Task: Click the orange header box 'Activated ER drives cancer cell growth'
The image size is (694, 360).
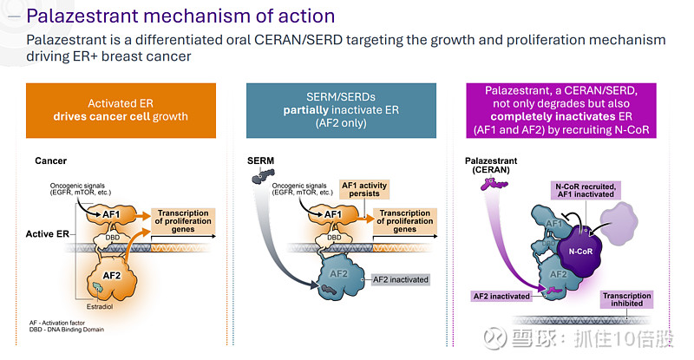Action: (121, 109)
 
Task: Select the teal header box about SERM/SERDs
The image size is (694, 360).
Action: (340, 109)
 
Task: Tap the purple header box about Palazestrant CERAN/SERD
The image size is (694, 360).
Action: (561, 109)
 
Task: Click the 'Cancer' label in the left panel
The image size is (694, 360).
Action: (51, 161)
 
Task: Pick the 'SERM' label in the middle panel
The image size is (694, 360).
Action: (261, 161)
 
